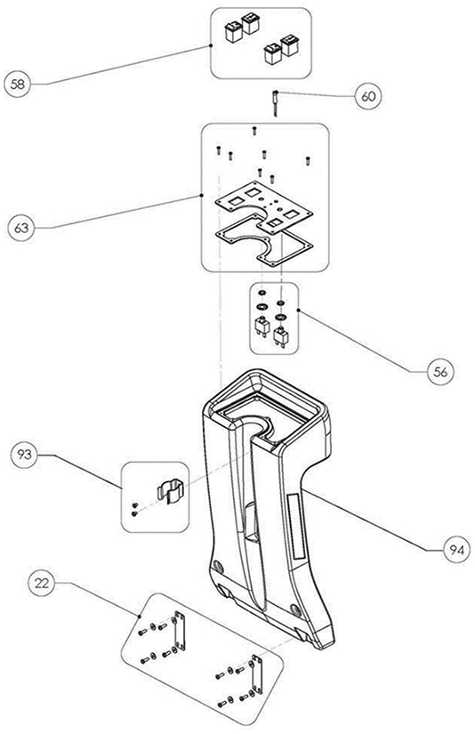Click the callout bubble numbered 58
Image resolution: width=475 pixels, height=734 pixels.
point(17,85)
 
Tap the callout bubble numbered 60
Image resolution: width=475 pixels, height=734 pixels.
point(368,96)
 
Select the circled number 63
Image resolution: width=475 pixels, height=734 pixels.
point(21,228)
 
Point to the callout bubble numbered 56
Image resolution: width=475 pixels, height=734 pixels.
point(440,372)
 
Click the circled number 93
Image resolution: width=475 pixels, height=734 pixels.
point(24,454)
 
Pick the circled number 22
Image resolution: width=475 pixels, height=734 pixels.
point(42,584)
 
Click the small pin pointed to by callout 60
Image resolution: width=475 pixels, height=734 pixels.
point(276,101)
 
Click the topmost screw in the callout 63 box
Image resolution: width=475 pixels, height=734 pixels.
point(254,130)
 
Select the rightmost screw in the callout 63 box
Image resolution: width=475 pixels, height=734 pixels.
point(308,160)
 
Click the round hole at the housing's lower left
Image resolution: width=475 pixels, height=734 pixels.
point(217,566)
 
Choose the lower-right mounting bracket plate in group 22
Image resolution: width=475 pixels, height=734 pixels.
point(257,674)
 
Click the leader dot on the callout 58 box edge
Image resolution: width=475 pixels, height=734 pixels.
point(211,45)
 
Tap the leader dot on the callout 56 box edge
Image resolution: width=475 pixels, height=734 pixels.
point(299,309)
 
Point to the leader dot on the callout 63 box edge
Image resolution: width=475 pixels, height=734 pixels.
point(202,194)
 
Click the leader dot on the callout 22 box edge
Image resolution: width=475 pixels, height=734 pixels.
point(140,617)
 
